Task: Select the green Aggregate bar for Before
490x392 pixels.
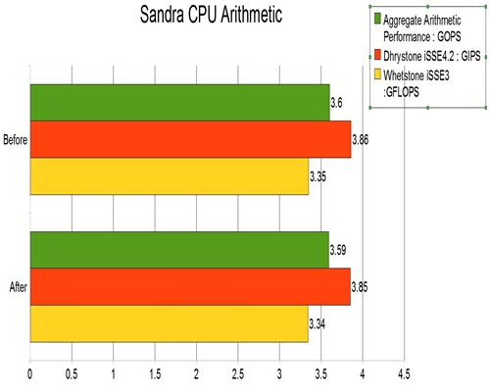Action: pyautogui.click(x=179, y=103)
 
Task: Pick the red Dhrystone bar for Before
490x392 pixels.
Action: pyautogui.click(x=190, y=140)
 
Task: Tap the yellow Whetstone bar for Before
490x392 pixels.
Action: pyautogui.click(x=169, y=176)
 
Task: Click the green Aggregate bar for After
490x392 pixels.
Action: pyautogui.click(x=179, y=250)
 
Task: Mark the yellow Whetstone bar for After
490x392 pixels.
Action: pyautogui.click(x=169, y=323)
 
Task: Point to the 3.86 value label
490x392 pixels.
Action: pyautogui.click(x=361, y=140)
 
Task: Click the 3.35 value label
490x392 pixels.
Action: pyautogui.click(x=318, y=176)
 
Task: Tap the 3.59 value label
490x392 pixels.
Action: pyautogui.click(x=339, y=250)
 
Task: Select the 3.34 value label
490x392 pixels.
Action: pyautogui.click(x=317, y=323)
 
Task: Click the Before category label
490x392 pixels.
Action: pyautogui.click(x=17, y=140)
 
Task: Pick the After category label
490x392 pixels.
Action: pyautogui.click(x=19, y=286)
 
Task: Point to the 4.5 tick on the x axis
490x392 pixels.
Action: pyautogui.click(x=403, y=374)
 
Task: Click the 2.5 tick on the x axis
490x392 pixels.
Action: pyautogui.click(x=237, y=374)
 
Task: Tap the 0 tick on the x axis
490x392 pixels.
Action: pyautogui.click(x=30, y=374)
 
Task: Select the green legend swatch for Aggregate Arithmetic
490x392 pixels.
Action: pyautogui.click(x=377, y=19)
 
